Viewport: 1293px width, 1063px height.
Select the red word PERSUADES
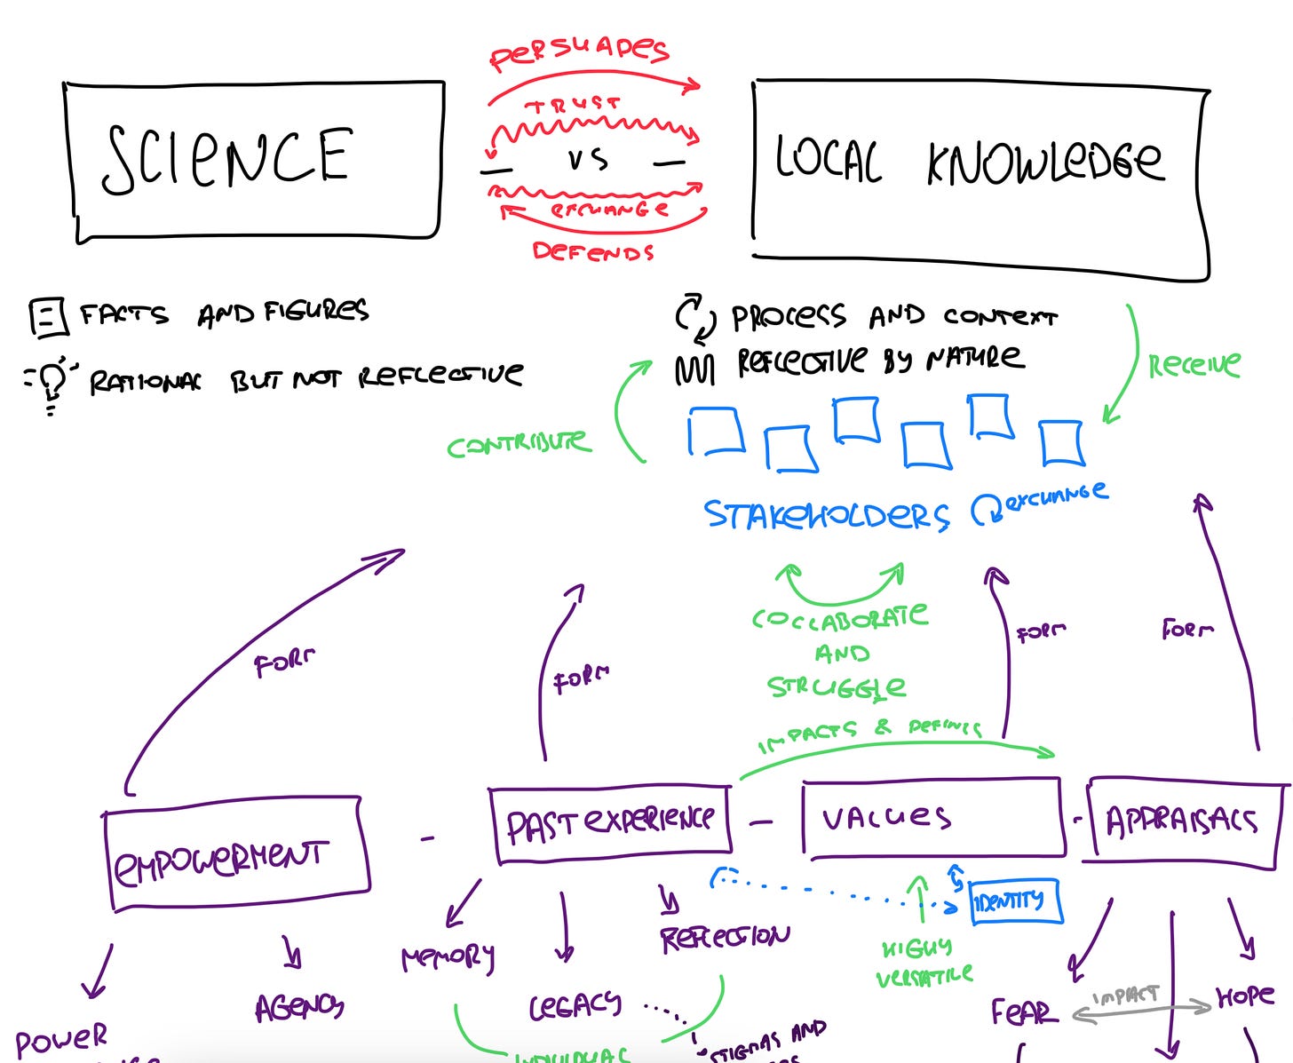pos(579,52)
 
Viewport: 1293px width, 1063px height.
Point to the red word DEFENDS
pos(592,252)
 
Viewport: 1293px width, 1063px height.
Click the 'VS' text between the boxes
pos(587,160)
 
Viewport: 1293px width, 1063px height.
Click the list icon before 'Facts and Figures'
pos(48,317)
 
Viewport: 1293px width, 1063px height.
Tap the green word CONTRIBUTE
pos(518,444)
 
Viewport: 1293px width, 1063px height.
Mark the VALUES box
pos(932,818)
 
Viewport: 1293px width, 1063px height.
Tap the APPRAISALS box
pos(1182,821)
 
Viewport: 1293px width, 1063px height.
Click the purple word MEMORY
pos(448,957)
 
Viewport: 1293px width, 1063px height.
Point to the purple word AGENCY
pos(299,1007)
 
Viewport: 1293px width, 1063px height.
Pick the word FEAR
pos(1024,1011)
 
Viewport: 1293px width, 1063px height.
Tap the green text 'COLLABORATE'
pos(839,617)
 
